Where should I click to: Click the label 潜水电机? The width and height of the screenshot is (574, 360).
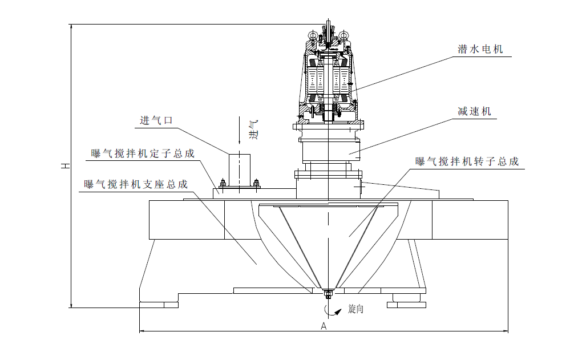tap(480, 50)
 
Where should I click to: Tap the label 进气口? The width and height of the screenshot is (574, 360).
tap(156, 120)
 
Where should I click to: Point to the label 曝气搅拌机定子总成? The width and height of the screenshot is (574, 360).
tap(143, 153)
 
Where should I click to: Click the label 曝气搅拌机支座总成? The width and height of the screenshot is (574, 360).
tap(135, 184)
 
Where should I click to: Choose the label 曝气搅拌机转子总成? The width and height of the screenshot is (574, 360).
tap(467, 161)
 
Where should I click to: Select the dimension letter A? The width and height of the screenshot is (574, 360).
tap(324, 326)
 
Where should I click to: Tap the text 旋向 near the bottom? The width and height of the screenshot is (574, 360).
tap(355, 310)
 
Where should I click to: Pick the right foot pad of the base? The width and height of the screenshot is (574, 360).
tap(406, 304)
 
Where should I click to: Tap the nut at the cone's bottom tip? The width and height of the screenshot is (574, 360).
tap(328, 294)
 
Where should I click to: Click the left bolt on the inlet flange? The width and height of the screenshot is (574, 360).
tap(222, 183)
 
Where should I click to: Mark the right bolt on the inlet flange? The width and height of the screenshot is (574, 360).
tap(256, 183)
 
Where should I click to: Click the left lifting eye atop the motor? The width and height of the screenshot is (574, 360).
tap(313, 37)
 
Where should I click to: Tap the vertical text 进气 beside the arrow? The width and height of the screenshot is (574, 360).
tap(254, 130)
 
